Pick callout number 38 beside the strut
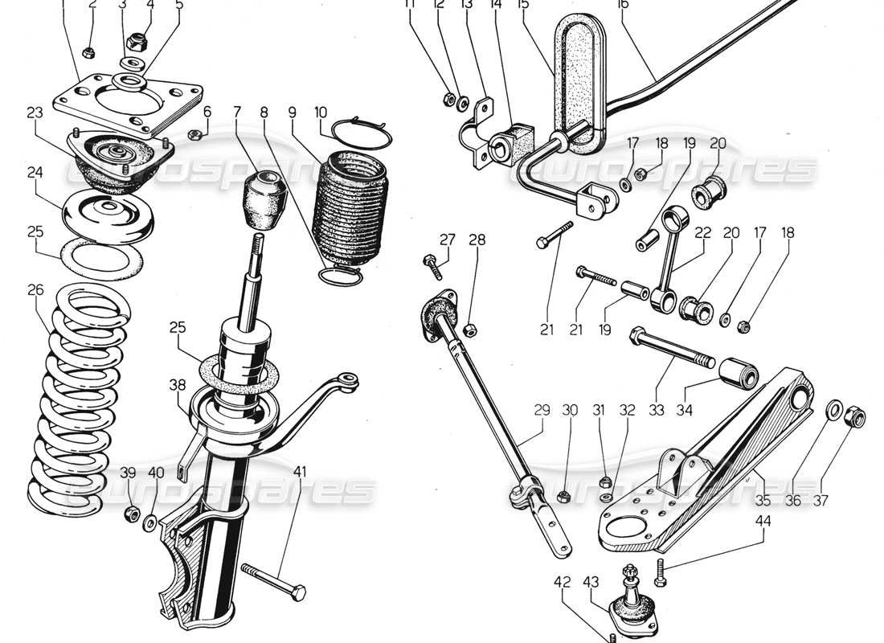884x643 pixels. pos(178,385)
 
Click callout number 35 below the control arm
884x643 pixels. pos(763,500)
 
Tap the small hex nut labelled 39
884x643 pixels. pos(129,514)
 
